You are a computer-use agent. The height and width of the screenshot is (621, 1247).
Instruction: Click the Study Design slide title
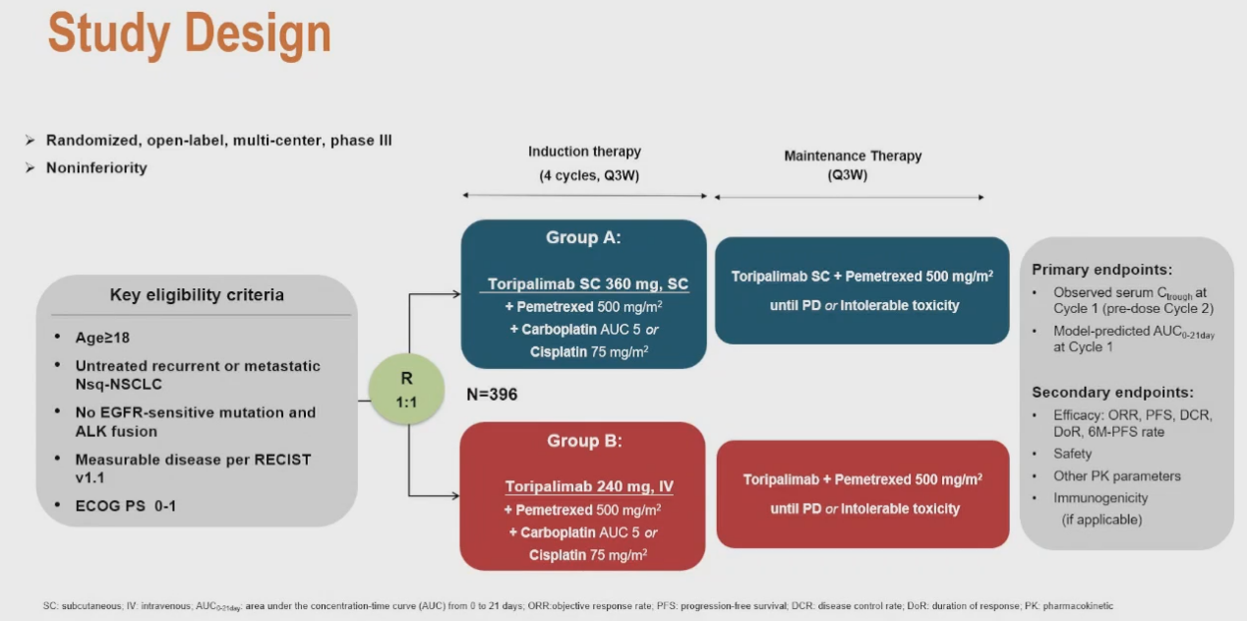(189, 34)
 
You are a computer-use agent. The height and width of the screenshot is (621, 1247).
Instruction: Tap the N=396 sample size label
(492, 395)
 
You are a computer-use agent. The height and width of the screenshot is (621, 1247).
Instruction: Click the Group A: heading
(583, 237)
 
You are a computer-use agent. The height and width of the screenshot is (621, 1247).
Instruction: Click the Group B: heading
(584, 441)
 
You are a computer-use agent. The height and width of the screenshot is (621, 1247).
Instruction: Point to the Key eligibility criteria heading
(197, 295)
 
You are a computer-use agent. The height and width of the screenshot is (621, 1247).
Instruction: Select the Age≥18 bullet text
(102, 338)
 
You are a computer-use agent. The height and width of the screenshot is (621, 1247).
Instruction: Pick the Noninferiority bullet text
(96, 168)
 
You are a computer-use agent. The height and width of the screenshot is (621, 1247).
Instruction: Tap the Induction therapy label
(584, 152)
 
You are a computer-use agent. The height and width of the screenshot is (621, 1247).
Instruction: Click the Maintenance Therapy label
(853, 155)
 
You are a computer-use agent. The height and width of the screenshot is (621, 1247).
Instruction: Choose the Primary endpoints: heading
(1101, 270)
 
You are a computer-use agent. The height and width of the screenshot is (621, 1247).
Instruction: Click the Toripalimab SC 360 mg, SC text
(588, 284)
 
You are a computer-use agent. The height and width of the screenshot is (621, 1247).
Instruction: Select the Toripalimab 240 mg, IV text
(589, 486)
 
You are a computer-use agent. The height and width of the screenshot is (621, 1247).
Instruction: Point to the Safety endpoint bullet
(1072, 454)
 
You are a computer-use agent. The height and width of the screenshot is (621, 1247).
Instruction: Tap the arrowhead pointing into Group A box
(455, 294)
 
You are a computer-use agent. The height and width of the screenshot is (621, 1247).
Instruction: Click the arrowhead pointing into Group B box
(455, 495)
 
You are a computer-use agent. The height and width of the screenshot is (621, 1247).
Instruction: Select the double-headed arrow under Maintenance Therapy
(849, 197)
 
